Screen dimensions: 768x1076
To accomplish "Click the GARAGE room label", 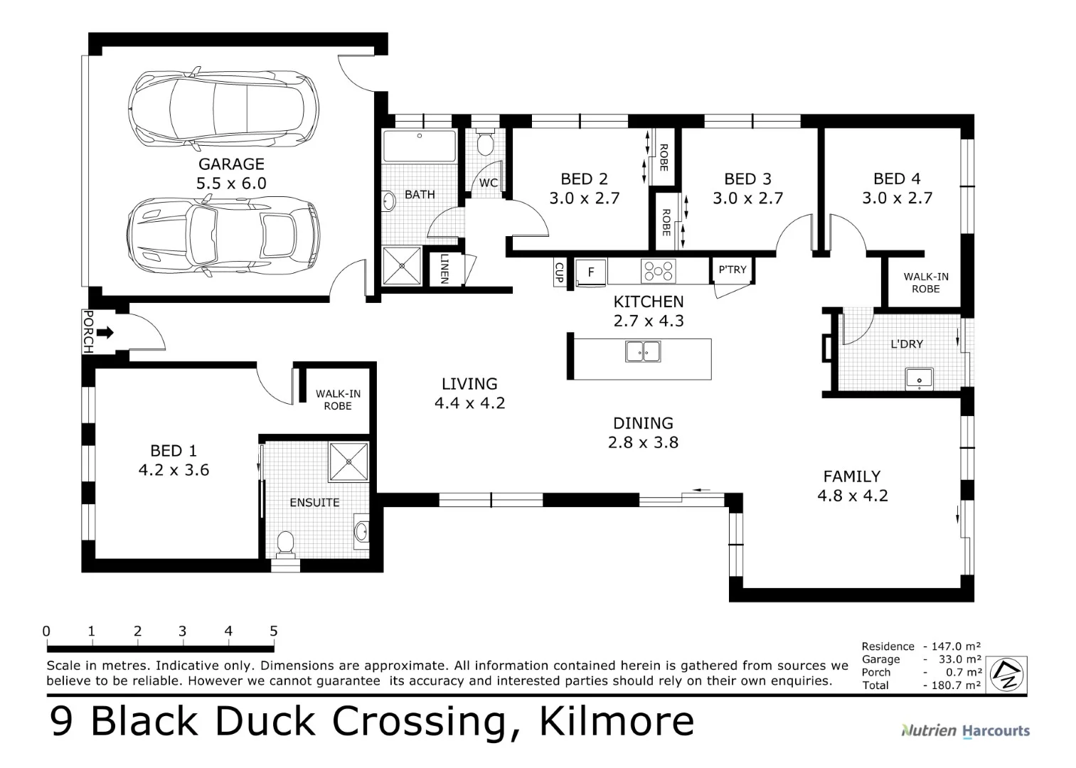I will pos(231,164).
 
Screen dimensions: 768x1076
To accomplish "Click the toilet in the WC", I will pos(486,144).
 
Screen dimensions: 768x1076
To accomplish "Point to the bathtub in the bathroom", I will pos(419,146).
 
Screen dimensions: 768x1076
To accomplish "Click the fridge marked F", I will pos(590,272).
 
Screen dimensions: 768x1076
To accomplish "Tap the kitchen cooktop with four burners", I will pos(658,271).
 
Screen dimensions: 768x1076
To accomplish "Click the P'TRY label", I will pos(733,270).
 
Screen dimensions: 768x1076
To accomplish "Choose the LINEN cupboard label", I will pos(444,270).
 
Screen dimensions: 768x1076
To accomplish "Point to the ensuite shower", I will pos(348,462).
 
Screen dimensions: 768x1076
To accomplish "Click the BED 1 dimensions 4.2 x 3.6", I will pos(174,470).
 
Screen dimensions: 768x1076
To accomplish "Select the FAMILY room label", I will pos(852,476).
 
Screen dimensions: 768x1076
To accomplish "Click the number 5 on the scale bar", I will pos(274,631).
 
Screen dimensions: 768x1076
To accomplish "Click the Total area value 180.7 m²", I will pos(953,686).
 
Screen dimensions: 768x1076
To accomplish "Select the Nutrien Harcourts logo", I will pos(965,730).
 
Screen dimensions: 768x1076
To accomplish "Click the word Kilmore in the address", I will pos(617,721).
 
